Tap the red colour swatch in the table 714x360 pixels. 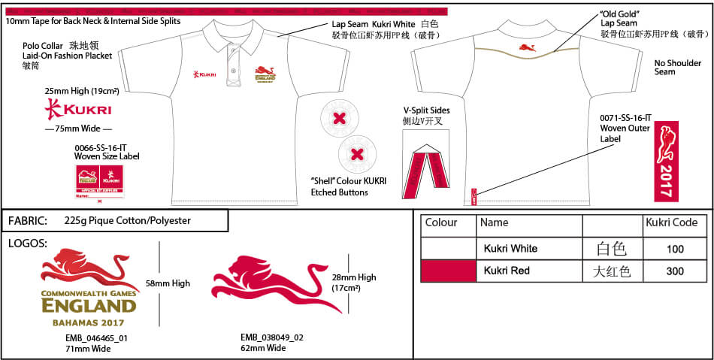point(448,271)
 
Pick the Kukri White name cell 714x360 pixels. point(511,249)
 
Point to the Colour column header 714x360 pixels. point(441,223)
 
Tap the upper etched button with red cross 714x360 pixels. point(339,118)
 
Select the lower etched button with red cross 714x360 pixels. point(358,154)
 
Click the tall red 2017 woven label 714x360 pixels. point(666,161)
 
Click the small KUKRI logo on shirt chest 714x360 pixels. point(204,74)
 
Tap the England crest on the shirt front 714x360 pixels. point(265,74)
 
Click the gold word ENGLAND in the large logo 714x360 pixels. point(89,306)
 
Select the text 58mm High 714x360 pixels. point(168,283)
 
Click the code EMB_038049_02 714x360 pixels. point(272,337)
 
